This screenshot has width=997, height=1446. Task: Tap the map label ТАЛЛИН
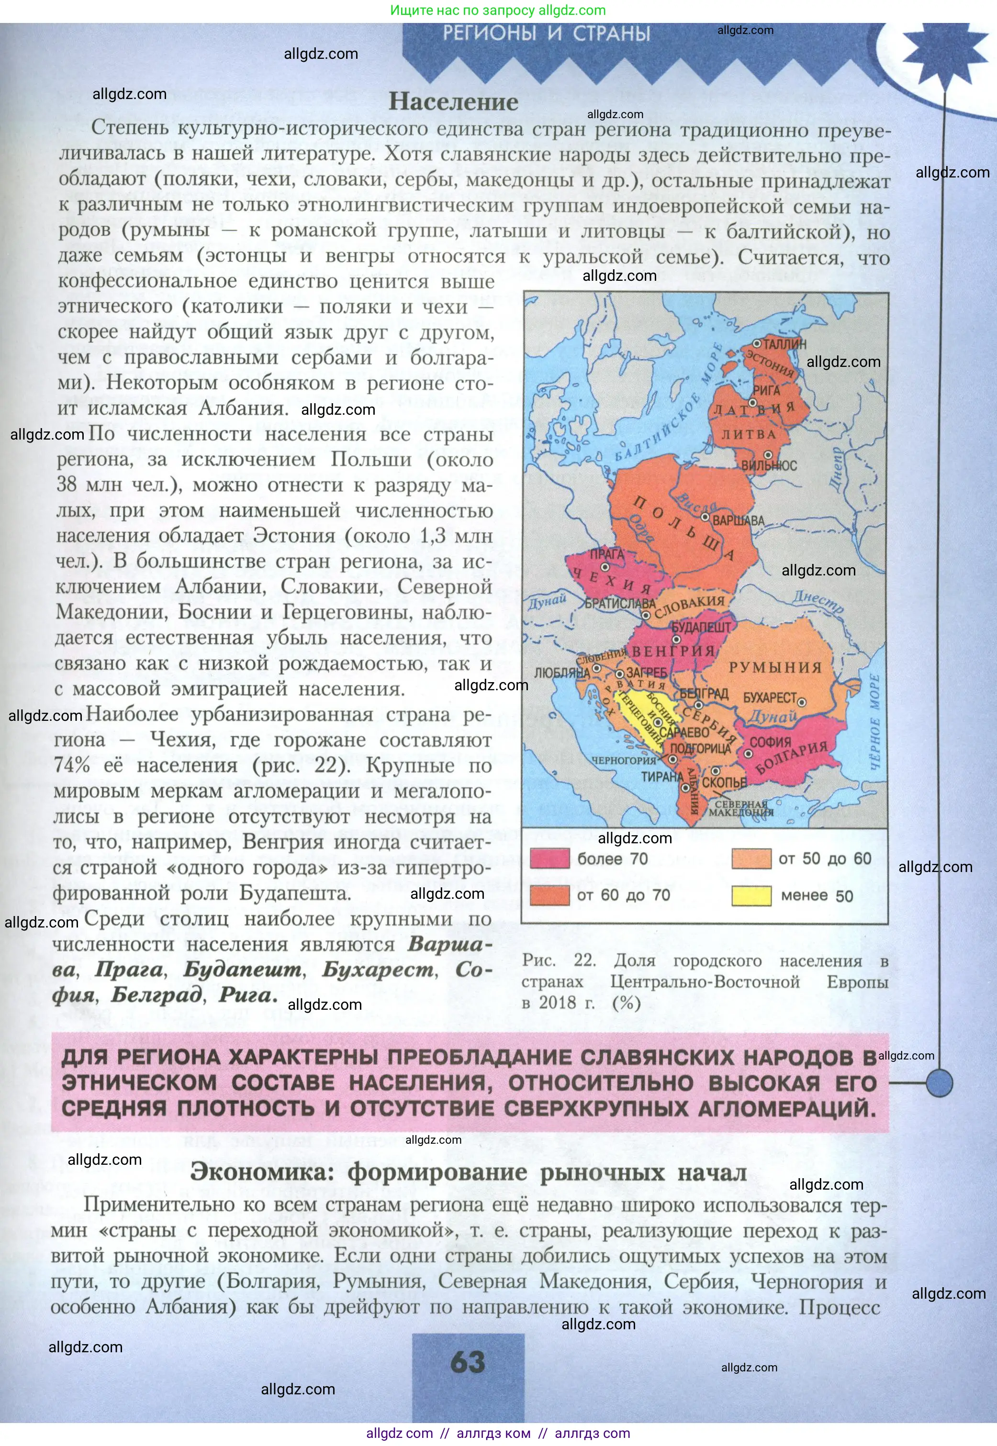(784, 344)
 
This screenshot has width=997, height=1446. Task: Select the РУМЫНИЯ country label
(775, 667)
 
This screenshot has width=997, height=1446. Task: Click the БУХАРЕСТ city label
(769, 697)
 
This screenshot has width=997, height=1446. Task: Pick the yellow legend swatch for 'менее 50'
(751, 895)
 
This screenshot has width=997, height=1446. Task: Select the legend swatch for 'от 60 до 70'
(550, 895)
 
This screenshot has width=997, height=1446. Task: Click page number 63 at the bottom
(468, 1362)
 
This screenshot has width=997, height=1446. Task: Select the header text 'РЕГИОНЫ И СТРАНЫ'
(547, 33)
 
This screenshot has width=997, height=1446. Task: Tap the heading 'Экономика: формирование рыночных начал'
(468, 1172)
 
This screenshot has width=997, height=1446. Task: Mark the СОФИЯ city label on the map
(770, 742)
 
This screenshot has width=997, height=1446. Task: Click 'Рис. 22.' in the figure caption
(559, 961)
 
